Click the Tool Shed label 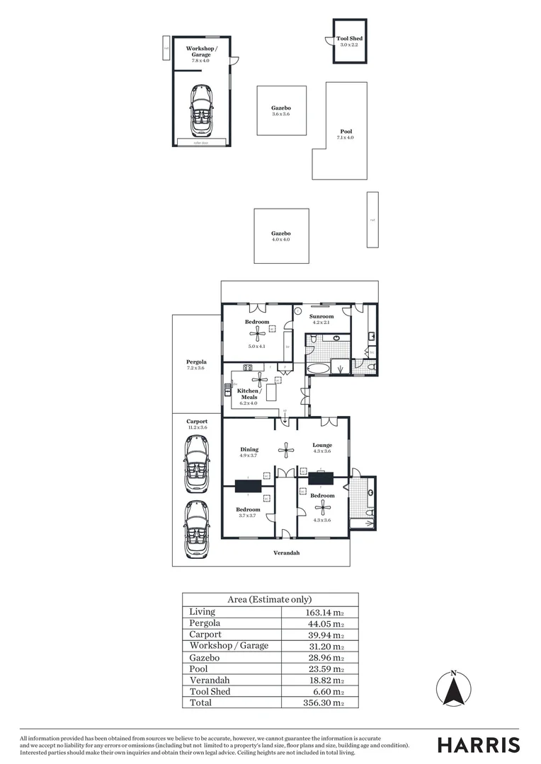[350, 39]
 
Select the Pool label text [346, 132]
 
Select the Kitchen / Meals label [249, 394]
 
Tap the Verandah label [287, 552]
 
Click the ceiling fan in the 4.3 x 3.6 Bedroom [323, 506]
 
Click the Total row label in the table [200, 702]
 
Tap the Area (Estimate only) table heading [269, 599]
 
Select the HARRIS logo [478, 745]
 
